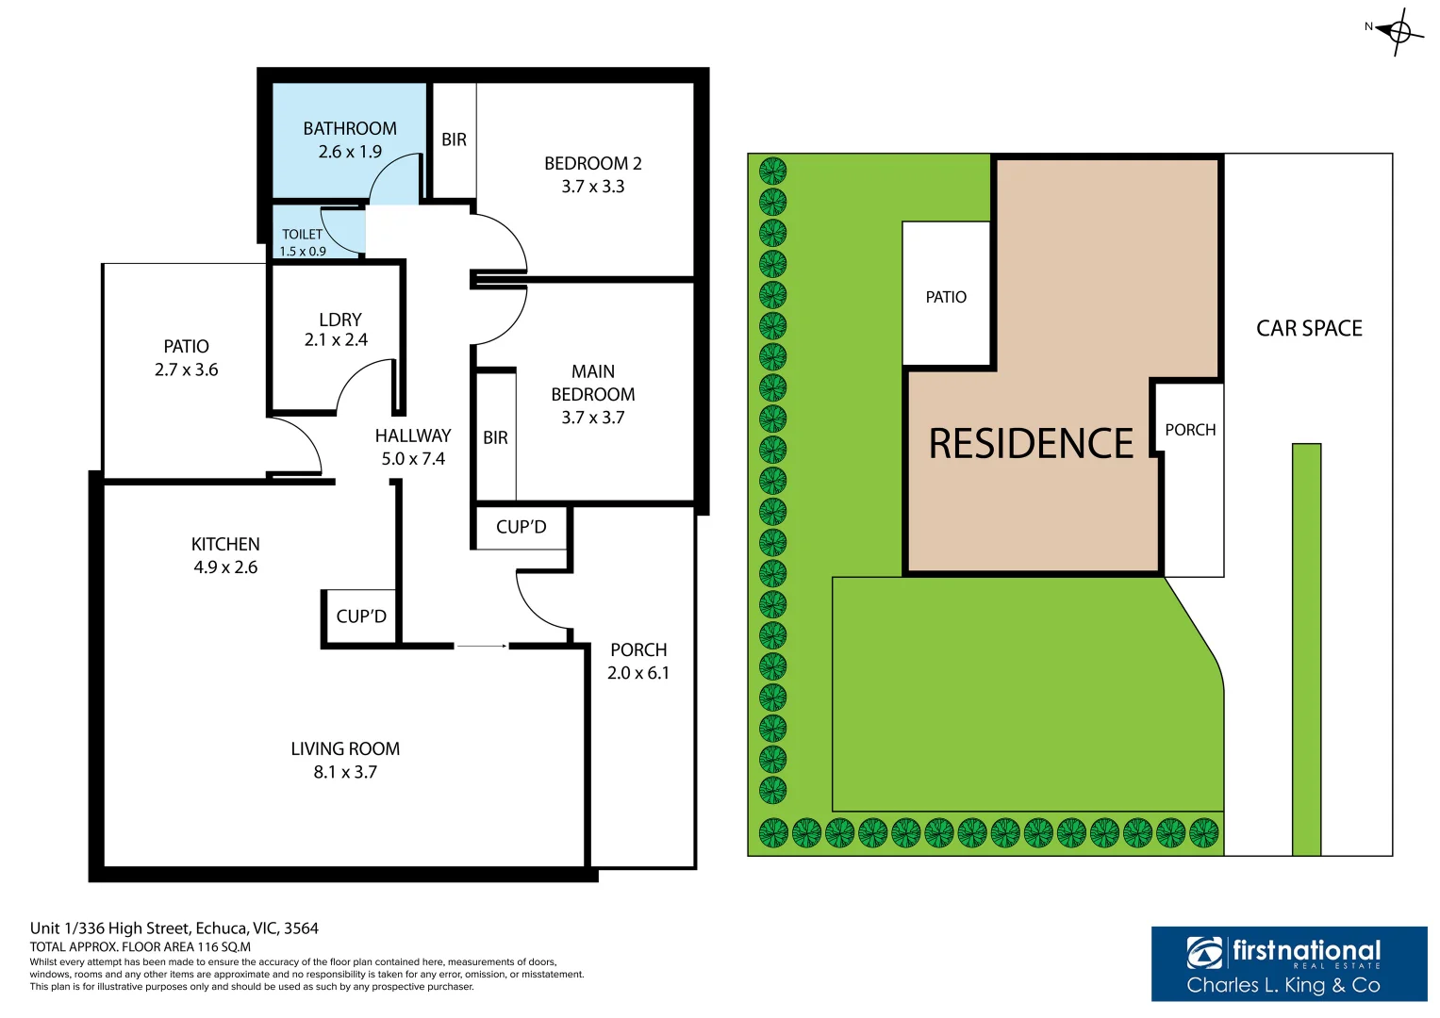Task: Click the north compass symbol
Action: pos(1399,32)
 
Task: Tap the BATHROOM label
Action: pos(349,129)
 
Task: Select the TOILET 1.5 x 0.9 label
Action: pos(303,242)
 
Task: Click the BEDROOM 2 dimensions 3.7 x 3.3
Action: pos(592,187)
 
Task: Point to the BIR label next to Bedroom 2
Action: pos(454,140)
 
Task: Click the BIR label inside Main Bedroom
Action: pos(495,437)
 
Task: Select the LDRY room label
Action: pos(339,320)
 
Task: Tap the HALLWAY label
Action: pos(413,435)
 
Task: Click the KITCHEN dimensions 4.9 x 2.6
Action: pos(225,567)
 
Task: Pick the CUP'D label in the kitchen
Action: pos(361,616)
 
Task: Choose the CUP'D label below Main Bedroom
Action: pos(521,527)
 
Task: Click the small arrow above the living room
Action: pos(482,646)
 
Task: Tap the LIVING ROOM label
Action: pos(345,748)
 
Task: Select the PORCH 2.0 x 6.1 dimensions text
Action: pos(637,673)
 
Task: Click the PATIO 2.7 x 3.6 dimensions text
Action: pos(186,370)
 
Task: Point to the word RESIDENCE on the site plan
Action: pos(1031,444)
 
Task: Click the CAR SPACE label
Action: pos(1309,328)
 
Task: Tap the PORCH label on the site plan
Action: pos(1190,430)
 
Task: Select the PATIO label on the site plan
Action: pos(946,297)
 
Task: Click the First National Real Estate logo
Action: pos(1288,963)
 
